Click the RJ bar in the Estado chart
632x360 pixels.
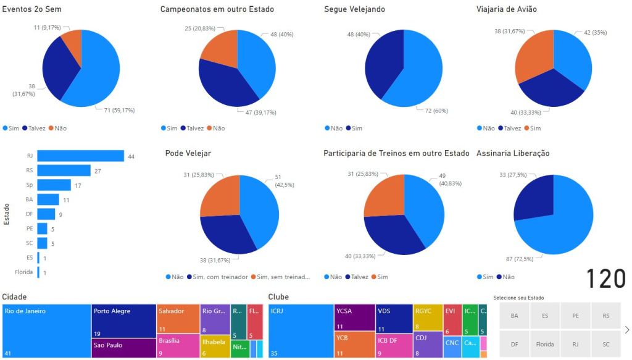[80, 156]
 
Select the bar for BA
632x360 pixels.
[48, 199]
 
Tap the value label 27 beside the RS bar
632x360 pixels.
[97, 170]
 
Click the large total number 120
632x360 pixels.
[605, 279]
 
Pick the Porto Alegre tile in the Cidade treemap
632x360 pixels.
[123, 320]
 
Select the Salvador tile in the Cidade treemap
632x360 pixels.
[178, 319]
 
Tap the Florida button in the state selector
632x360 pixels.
[545, 344]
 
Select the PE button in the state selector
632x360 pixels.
[575, 316]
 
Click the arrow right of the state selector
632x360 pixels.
[627, 330]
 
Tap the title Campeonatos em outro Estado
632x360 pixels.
[217, 9]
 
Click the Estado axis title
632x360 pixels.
[6, 214]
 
